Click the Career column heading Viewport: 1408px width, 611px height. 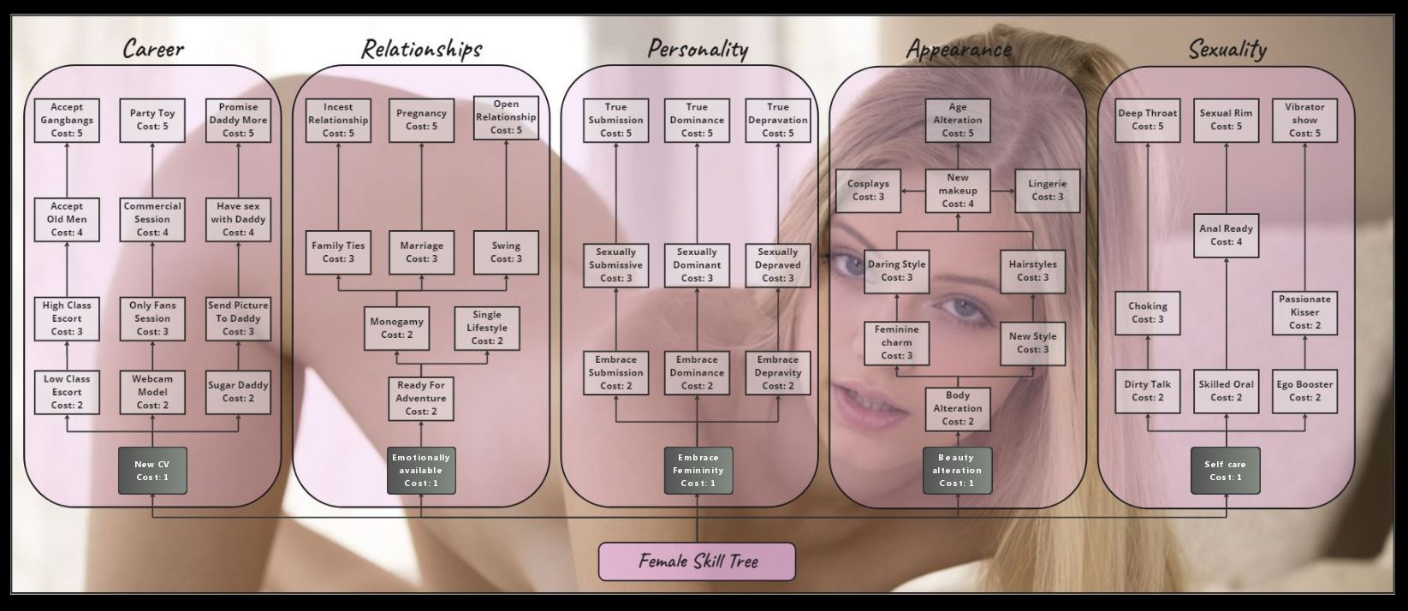coord(153,49)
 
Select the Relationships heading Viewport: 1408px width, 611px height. coord(421,49)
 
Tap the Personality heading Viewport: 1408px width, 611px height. coord(697,49)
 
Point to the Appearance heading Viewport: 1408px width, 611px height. coord(958,49)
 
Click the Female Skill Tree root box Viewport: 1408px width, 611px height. coord(697,561)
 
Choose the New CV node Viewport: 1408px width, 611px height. coord(152,471)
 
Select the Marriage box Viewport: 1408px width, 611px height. coord(421,252)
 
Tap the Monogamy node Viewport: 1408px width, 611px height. coord(396,329)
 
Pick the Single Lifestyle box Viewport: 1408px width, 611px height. coord(487,329)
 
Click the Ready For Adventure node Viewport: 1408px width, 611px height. coord(420,399)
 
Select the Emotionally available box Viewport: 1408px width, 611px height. coord(421,471)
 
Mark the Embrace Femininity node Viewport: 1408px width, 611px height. coord(698,471)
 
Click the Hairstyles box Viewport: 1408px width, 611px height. coord(1032,271)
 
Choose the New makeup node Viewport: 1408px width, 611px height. coord(958,191)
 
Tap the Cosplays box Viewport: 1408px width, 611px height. coord(868,191)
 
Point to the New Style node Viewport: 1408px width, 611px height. coord(1032,343)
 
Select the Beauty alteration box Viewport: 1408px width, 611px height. coord(957,471)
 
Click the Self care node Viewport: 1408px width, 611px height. coord(1225,471)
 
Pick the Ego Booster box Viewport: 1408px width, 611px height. coord(1304,391)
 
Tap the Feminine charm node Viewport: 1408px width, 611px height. coord(896,343)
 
